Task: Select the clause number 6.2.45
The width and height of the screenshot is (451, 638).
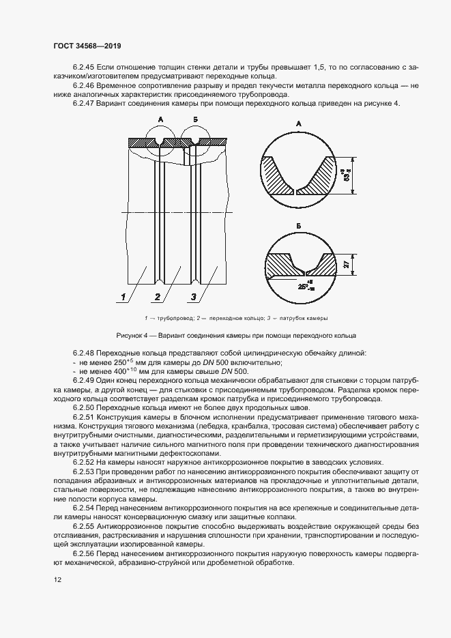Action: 85,68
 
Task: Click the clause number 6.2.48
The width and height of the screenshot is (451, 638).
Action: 85,353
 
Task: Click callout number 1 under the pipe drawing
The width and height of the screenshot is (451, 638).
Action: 124,297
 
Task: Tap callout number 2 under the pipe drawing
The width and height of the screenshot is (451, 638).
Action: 157,297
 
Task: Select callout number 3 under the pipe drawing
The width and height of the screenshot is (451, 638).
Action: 193,297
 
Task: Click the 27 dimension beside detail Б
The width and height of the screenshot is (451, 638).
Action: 347,264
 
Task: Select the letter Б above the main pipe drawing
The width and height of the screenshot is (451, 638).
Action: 196,119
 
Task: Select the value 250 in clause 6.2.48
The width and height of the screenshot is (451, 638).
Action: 123,363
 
